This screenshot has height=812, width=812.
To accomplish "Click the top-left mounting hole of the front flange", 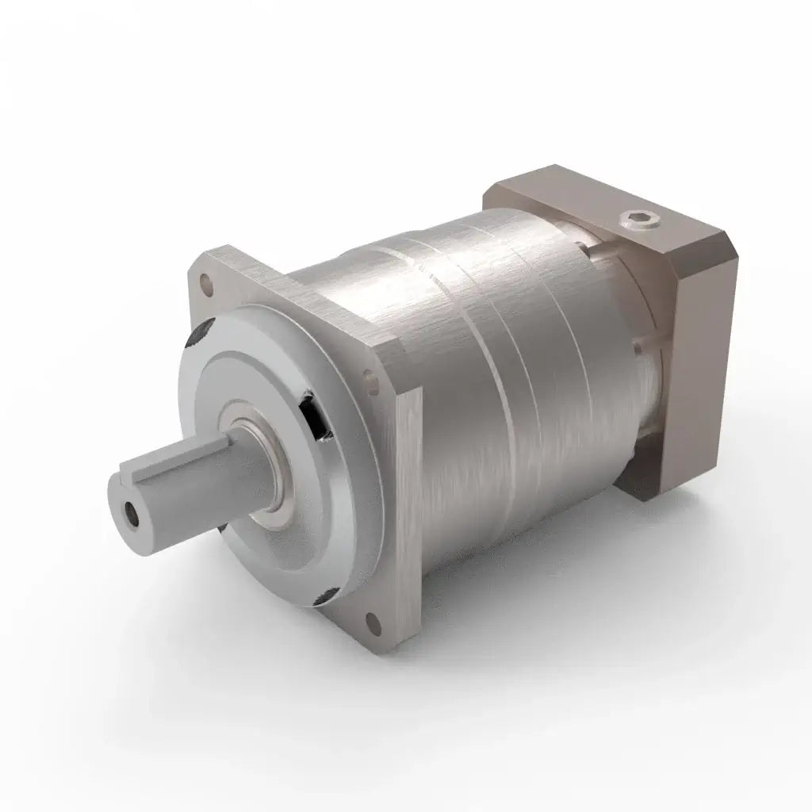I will pyautogui.click(x=208, y=280).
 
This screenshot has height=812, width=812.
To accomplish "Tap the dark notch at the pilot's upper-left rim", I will pyautogui.click(x=195, y=338).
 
